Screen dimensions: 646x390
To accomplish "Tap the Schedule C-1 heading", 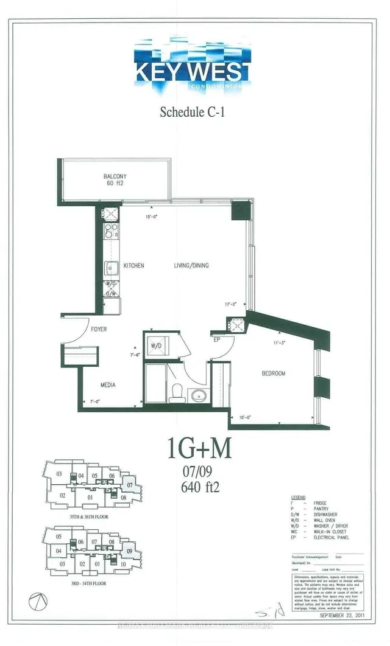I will coord(193,112).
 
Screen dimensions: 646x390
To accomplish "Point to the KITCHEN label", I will coord(133,266).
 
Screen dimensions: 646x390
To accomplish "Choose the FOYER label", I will coord(99,329).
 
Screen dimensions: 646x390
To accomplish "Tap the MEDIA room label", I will coord(108,385).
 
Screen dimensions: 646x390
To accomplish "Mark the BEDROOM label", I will coord(274,373).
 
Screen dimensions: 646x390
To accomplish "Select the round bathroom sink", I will coord(198,396).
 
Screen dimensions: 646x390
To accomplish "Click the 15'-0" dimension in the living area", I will coord(152,217).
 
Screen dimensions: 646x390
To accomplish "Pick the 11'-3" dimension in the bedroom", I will coord(280,344).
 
